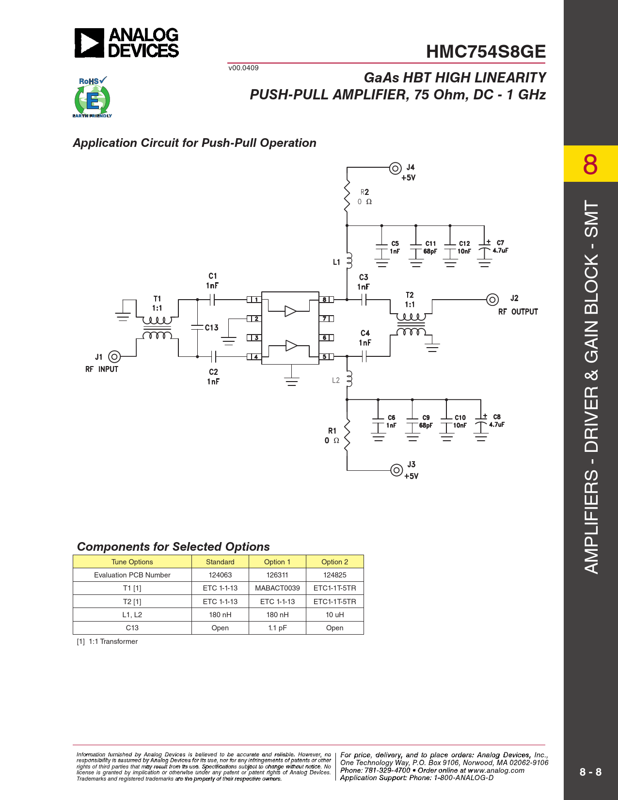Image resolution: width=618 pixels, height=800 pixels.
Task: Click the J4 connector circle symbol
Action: point(395,169)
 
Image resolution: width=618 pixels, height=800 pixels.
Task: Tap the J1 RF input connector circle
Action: point(114,357)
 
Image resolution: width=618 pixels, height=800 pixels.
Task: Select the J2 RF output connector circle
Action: point(492,300)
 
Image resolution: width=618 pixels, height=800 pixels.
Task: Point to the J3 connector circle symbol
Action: point(396,470)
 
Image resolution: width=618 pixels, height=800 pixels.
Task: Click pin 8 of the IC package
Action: point(326,300)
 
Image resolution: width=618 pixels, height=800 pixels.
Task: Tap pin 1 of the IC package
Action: point(254,300)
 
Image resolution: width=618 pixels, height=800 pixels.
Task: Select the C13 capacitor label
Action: point(212,328)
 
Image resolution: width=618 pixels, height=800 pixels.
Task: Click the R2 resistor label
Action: point(364,192)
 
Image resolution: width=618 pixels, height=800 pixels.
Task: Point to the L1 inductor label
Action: point(336,262)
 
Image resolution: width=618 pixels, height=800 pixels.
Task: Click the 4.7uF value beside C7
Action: point(500,251)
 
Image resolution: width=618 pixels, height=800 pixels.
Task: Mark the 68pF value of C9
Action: point(426,426)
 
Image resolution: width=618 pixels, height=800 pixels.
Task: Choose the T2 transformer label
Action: point(410,295)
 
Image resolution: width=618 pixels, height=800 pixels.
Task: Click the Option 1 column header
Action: point(277,562)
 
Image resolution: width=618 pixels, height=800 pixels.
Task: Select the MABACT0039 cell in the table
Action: point(277,588)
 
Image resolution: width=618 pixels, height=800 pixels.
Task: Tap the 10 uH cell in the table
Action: point(334,614)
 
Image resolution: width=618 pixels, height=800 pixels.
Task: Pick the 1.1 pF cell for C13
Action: point(277,628)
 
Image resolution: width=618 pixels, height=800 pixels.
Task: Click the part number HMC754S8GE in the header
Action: point(486,51)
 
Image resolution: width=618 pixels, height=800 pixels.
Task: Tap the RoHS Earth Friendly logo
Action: point(92,97)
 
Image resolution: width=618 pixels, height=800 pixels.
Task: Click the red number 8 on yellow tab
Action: point(590,164)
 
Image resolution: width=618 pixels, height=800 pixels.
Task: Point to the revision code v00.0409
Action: point(243,68)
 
